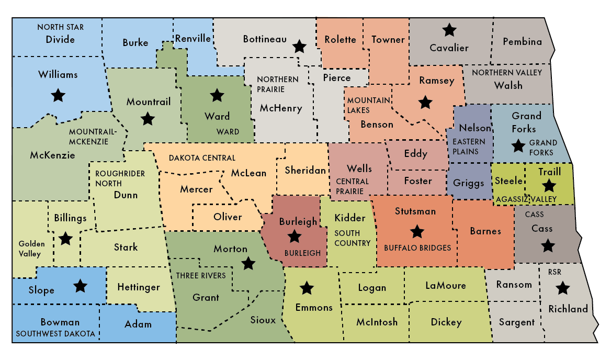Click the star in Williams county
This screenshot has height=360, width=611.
58,95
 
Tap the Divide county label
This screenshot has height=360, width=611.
60,40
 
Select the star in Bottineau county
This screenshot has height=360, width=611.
299,47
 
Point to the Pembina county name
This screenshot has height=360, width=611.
522,42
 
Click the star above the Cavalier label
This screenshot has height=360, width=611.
449,30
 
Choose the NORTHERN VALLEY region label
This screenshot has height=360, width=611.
507,73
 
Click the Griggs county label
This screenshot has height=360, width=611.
466,184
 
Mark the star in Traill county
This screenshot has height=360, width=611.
549,185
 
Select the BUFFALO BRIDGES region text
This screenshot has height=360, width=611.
417,248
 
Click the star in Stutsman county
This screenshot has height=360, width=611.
417,231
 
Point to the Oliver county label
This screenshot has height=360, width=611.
228,217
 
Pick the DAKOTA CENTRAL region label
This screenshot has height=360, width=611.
202,158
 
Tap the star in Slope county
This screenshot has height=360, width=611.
80,286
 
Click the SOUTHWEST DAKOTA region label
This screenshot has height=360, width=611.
55,333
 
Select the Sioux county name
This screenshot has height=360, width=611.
263,320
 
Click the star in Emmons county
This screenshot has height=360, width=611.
306,287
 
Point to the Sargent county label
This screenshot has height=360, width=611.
517,322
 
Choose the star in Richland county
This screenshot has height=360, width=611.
562,287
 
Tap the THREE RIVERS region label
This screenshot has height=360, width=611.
201,276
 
